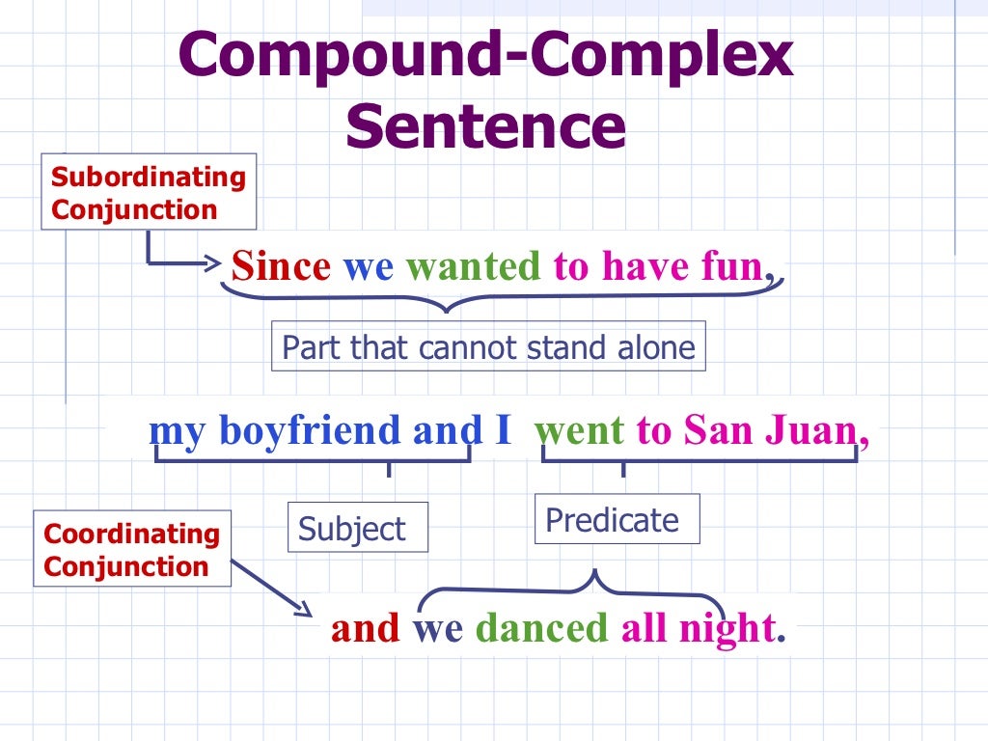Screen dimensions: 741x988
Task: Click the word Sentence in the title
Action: (x=485, y=126)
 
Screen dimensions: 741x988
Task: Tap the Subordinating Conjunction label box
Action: (x=149, y=192)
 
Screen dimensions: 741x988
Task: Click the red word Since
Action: (x=281, y=265)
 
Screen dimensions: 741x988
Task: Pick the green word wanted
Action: (x=473, y=265)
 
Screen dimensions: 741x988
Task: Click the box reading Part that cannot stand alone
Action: (x=488, y=347)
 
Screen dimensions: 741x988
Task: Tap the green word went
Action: (x=580, y=430)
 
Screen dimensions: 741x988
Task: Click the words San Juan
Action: (x=770, y=430)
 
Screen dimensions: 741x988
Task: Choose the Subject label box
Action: (x=357, y=528)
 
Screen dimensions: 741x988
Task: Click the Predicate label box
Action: (x=616, y=520)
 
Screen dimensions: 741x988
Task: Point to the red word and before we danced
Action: (x=365, y=628)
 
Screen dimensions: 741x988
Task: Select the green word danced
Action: (x=541, y=628)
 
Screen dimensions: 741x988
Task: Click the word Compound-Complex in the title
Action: (x=485, y=56)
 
